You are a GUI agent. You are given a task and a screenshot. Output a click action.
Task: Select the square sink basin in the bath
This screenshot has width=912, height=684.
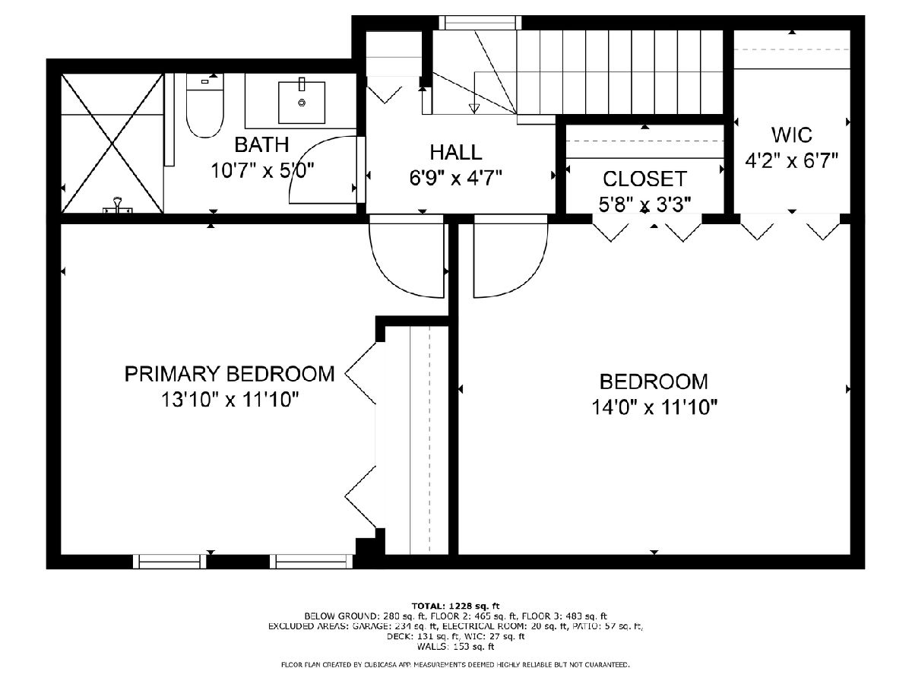302,102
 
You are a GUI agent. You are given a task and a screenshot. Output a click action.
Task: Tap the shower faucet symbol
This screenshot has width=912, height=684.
118,205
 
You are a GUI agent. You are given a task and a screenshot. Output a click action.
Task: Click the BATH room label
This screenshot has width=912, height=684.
261,144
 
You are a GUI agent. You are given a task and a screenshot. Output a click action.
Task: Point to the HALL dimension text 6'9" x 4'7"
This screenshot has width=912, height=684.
456,178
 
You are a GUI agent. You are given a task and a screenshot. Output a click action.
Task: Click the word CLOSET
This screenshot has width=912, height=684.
644,179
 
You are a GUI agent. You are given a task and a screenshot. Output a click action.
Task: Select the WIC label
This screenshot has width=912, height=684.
791,135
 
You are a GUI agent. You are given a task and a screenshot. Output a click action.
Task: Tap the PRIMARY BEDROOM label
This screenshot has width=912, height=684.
230,374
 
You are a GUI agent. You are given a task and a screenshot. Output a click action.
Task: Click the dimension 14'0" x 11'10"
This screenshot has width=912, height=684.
654,407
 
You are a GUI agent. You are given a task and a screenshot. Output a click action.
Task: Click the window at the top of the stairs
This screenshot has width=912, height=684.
480,23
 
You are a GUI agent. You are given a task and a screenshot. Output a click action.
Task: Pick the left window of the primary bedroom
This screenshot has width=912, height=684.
169,562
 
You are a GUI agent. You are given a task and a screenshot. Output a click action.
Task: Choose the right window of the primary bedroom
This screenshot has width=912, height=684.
311,562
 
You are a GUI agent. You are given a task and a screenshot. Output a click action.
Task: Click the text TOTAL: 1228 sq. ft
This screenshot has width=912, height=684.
456,606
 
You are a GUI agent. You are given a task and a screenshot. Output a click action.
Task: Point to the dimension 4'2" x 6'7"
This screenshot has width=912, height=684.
791,160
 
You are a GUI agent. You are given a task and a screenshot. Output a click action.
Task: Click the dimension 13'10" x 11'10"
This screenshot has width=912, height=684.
230,400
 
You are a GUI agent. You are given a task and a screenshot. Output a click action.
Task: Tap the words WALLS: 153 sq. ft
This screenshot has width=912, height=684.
456,646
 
